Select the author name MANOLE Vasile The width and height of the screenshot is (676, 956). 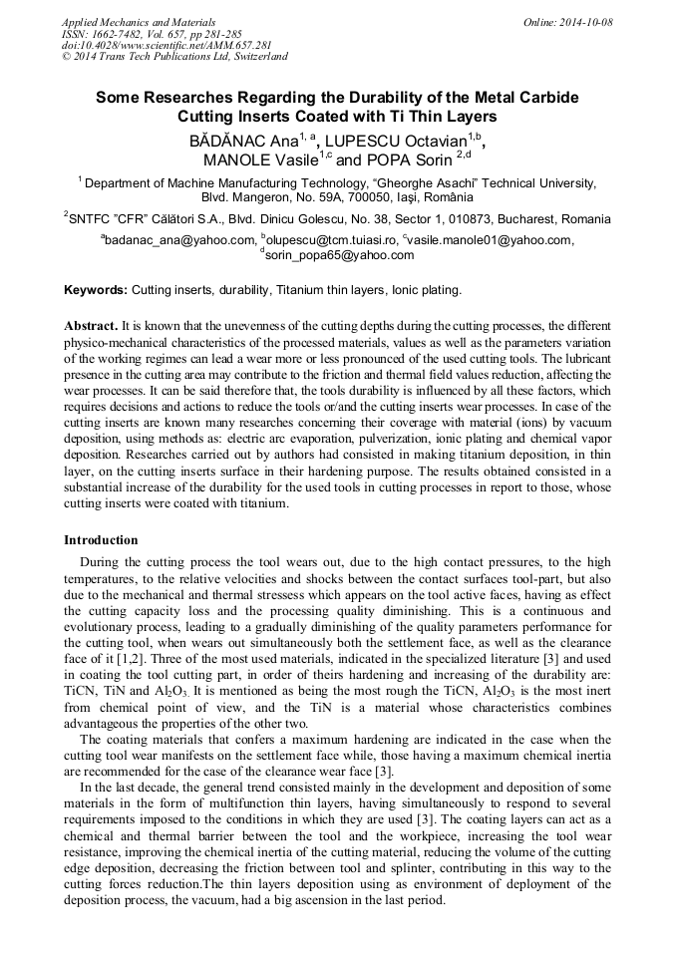click(x=259, y=159)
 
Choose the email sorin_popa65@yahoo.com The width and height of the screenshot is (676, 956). click(x=339, y=255)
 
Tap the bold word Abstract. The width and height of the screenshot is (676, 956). click(x=90, y=326)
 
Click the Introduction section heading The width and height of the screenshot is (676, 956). click(x=101, y=540)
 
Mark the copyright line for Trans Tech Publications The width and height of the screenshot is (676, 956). click(x=174, y=57)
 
